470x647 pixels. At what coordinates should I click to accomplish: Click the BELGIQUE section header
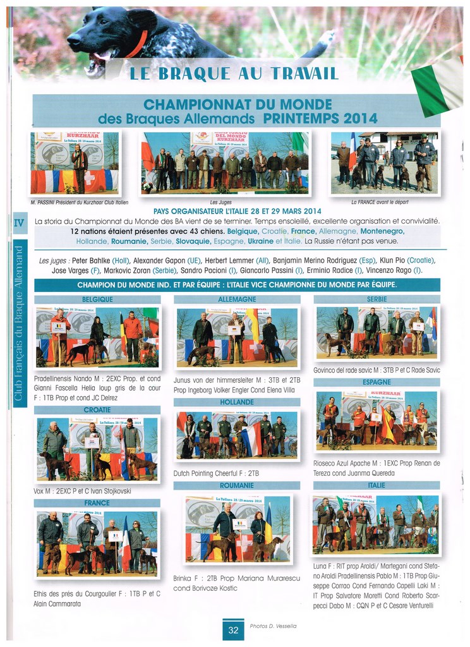click(x=97, y=299)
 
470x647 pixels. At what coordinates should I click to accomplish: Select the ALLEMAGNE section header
click(x=237, y=299)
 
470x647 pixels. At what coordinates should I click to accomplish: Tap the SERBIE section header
click(x=377, y=299)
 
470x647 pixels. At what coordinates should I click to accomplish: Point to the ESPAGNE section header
click(x=377, y=382)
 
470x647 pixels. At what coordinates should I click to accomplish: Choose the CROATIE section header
click(x=97, y=409)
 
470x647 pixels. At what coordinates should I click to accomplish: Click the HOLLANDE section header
click(x=237, y=402)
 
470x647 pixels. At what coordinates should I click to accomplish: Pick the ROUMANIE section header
click(x=237, y=486)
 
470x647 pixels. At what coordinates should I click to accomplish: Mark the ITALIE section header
click(x=377, y=485)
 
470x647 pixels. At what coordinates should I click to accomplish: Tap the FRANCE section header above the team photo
click(x=97, y=503)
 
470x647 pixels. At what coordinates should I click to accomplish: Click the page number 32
click(x=233, y=630)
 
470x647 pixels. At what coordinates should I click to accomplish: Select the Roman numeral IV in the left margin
click(x=18, y=222)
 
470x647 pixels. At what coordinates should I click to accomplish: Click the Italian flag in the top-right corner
click(x=438, y=85)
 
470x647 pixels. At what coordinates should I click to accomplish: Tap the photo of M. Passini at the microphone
click(x=75, y=163)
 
